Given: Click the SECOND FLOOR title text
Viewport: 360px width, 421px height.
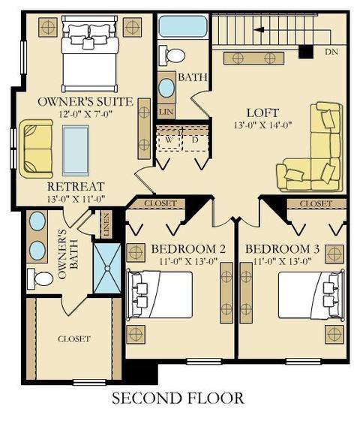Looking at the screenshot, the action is pos(178,398).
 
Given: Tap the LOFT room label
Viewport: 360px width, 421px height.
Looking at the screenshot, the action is pos(262,113).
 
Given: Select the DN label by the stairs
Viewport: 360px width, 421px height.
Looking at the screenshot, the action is pos(331,52).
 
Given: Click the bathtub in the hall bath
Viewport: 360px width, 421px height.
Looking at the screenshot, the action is pos(182,26).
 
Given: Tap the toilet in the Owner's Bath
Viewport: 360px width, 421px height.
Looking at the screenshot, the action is pos(40,278).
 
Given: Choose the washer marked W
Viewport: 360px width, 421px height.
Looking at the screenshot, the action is pos(169,140).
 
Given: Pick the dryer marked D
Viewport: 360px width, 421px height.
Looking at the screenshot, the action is pos(195,140).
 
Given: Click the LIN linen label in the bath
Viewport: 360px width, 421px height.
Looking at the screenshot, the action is pos(166,111).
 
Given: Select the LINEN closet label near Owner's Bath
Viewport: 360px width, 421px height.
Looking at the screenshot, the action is pos(106,224).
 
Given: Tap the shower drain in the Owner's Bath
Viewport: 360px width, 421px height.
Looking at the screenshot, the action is pos(107,268).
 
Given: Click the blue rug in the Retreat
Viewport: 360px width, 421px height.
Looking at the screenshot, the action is pos(76,150).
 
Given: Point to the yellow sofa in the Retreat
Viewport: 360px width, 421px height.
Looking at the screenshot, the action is pos(35,149).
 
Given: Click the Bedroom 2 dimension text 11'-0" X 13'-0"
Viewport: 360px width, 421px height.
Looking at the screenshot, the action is pos(188,261).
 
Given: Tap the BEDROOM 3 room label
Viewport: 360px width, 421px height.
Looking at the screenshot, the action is pos(282,249).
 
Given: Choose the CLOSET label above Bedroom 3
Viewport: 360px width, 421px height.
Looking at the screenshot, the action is pos(316,204).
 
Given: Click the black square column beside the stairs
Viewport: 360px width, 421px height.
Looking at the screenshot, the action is pos(306,52).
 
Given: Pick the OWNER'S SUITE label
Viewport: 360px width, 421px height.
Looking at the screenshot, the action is pos(85,102).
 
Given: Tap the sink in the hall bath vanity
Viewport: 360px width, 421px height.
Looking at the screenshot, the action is pos(166,88).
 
